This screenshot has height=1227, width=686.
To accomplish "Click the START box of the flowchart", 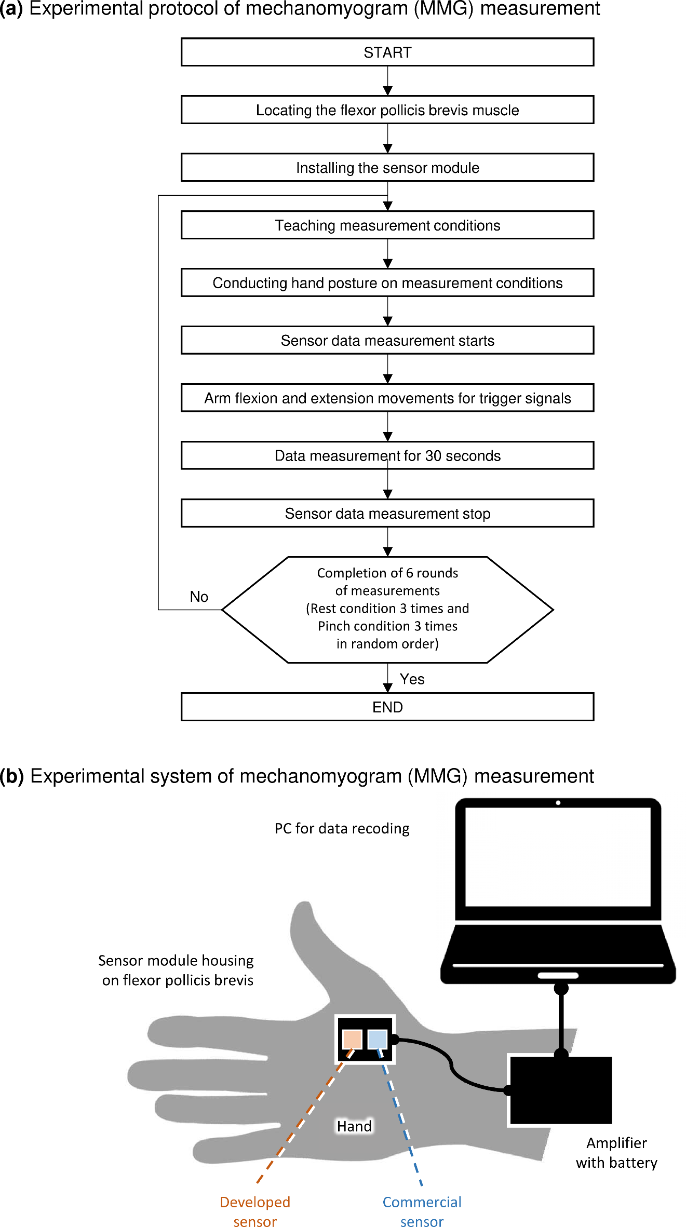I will (x=387, y=52).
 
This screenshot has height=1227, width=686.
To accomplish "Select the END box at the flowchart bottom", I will (x=387, y=707).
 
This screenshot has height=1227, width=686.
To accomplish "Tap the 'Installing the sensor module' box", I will (x=387, y=167).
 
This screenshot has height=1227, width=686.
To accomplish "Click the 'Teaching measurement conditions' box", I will (x=387, y=225).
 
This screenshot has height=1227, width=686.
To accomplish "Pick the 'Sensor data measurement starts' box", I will (x=387, y=340).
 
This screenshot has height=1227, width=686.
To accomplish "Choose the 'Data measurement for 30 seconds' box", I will (x=387, y=455).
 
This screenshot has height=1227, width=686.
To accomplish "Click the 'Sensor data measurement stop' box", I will (x=387, y=513).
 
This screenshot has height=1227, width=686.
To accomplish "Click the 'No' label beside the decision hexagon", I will (x=199, y=597).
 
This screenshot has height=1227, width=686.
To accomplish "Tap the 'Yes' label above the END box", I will (x=412, y=679).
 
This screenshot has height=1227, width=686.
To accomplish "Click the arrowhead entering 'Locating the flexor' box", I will (x=387, y=91).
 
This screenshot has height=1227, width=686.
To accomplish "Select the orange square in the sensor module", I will (x=352, y=1040).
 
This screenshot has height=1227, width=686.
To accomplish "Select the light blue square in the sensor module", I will (x=378, y=1040).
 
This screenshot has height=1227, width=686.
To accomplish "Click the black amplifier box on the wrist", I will (x=560, y=1089).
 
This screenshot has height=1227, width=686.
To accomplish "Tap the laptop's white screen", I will (x=558, y=857).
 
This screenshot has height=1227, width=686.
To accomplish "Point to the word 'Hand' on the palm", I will (x=354, y=1126).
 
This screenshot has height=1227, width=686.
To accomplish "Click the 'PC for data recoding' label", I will (x=342, y=828).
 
